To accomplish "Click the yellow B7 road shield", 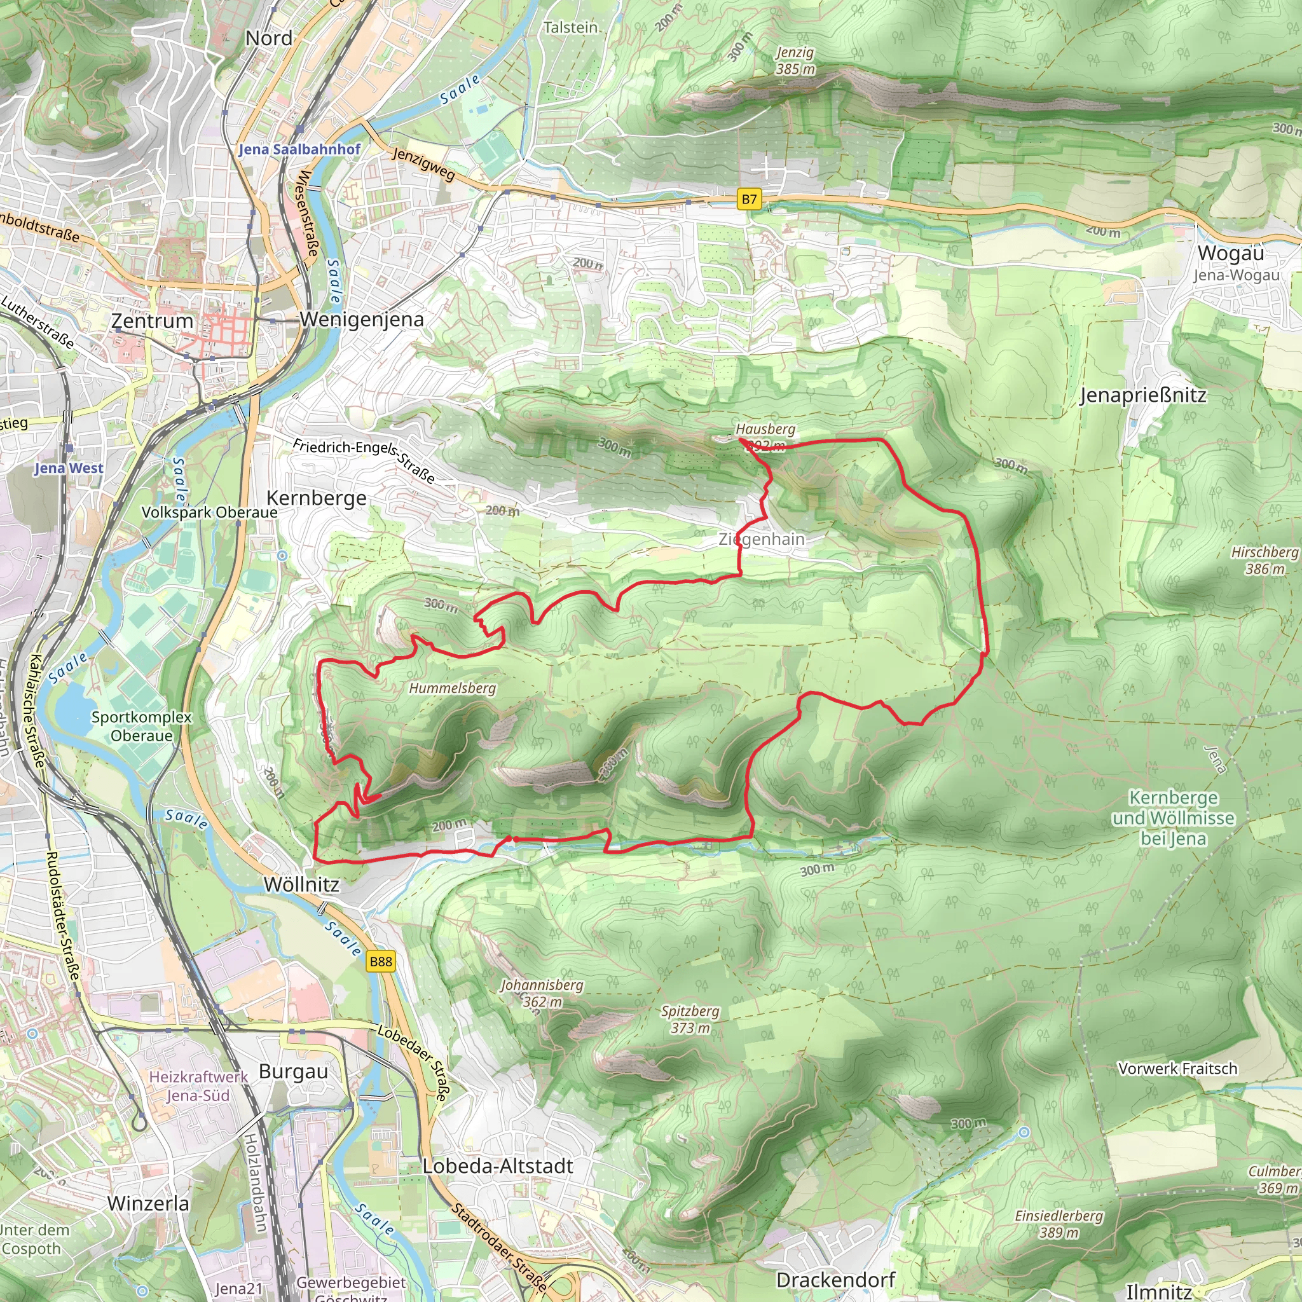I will tap(749, 200).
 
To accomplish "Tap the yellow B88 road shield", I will tap(381, 962).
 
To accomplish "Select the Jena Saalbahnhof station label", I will tap(299, 149).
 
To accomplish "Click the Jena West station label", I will tap(69, 468).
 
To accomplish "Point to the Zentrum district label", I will tap(152, 321).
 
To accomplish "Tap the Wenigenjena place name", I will tap(362, 319).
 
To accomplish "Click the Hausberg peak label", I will tap(765, 429).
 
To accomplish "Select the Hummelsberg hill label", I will tap(452, 688).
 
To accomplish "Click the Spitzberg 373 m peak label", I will tap(690, 1020).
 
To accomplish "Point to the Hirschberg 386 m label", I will tap(1264, 560).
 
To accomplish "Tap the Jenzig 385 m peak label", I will tap(795, 60).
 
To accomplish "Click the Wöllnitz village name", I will tap(301, 885).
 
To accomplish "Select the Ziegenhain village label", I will tap(762, 539).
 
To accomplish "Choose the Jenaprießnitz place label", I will tap(1143, 395).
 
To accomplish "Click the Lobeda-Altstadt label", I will tap(497, 1167).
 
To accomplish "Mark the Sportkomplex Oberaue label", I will tap(142, 727).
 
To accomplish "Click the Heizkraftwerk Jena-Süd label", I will tap(198, 1086).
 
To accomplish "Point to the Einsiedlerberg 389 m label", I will tap(1059, 1224).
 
